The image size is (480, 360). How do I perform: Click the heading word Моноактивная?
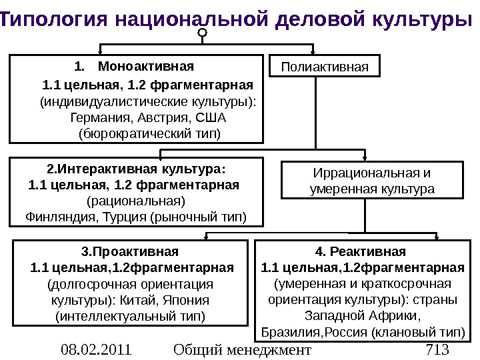tap(146, 67)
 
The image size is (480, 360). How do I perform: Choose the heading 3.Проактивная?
tap(130, 252)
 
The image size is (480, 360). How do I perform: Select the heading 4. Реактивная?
tap(360, 252)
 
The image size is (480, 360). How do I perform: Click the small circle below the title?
tap(203, 31)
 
